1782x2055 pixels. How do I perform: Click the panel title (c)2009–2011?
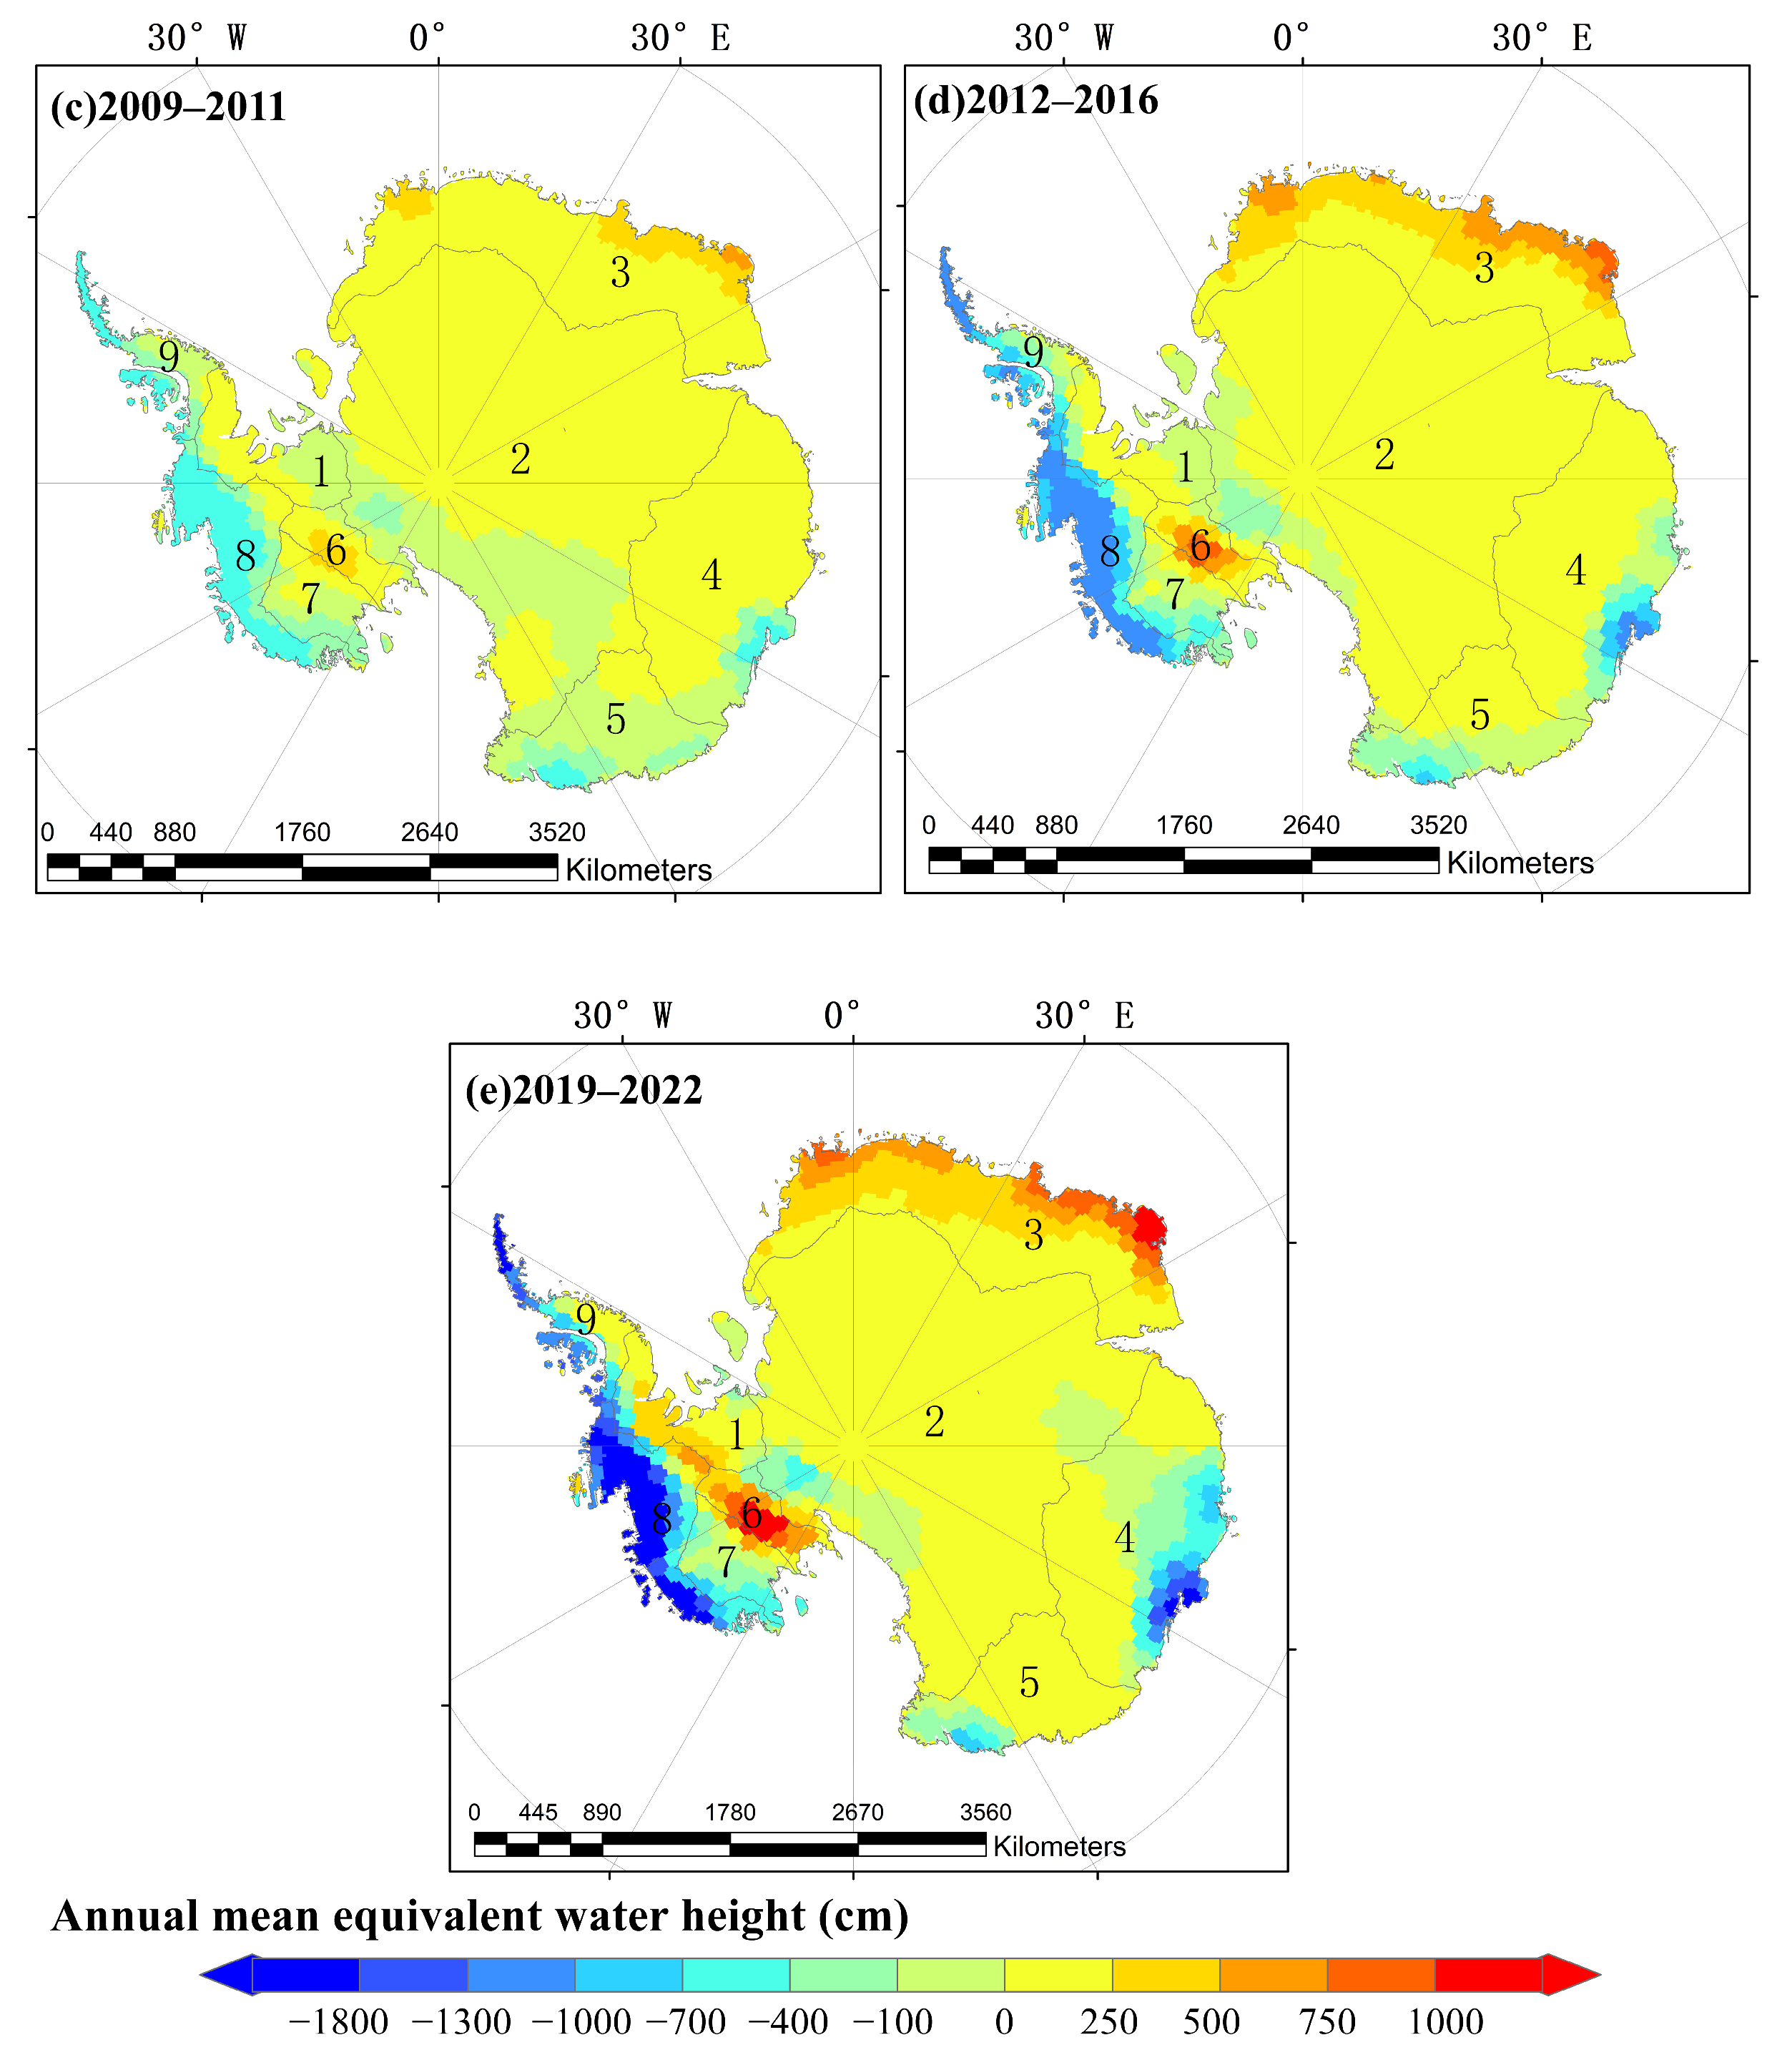click(x=168, y=107)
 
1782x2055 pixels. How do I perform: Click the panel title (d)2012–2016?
click(x=1035, y=100)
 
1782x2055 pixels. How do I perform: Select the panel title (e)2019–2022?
click(x=584, y=1090)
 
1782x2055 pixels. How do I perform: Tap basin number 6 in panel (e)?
click(x=752, y=1514)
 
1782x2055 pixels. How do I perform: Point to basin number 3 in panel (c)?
click(x=621, y=273)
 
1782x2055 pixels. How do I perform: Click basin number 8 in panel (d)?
click(x=1110, y=551)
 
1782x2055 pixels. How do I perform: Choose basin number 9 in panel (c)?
click(x=169, y=356)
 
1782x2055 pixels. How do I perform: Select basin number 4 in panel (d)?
click(x=1575, y=571)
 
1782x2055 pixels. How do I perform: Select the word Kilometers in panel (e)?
click(x=1059, y=1846)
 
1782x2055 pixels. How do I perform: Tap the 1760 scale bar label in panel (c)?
click(x=302, y=833)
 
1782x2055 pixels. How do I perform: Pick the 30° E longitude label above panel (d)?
click(x=1541, y=39)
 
